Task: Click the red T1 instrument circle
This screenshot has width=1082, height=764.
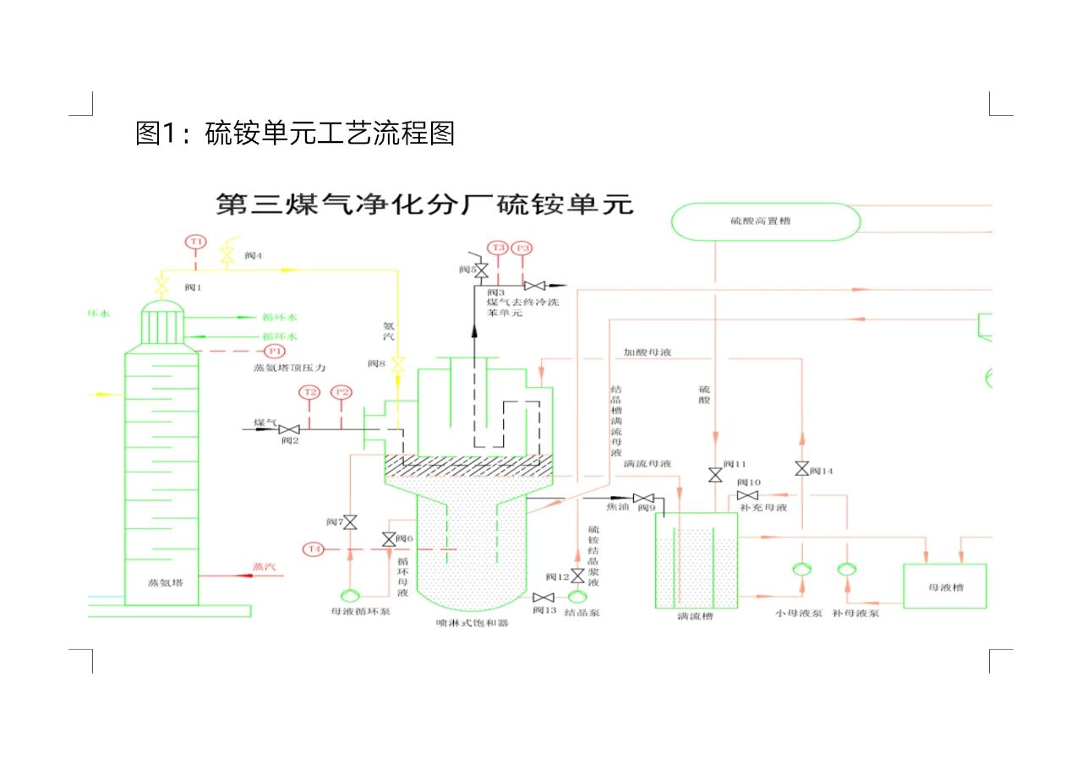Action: click(x=196, y=242)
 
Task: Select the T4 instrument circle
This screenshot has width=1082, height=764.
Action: click(x=314, y=549)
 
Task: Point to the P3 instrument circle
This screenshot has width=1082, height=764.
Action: click(x=522, y=248)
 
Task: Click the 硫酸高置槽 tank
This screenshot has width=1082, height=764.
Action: click(x=765, y=221)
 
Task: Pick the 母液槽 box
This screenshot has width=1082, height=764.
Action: click(x=945, y=586)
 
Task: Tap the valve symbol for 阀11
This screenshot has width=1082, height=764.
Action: click(x=715, y=474)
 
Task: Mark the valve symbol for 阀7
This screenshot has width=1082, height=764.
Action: click(x=350, y=521)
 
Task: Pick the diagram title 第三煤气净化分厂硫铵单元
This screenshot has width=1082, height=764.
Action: click(x=424, y=205)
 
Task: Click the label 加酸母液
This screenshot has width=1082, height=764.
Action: click(x=648, y=352)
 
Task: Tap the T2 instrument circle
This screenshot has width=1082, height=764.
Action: click(x=310, y=392)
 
